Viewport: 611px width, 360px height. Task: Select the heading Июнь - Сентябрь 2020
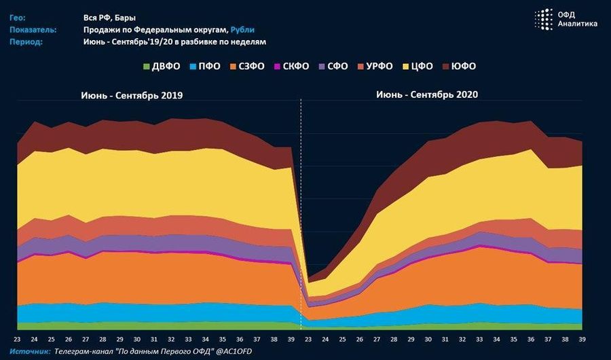pyautogui.click(x=427, y=95)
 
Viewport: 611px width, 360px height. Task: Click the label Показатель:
pyautogui.click(x=33, y=30)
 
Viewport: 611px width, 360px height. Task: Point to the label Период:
pyautogui.click(x=26, y=41)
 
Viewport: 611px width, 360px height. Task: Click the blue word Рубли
pyautogui.click(x=242, y=30)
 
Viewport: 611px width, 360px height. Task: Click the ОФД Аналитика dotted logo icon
pyautogui.click(x=544, y=20)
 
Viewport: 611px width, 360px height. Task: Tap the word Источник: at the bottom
pyautogui.click(x=31, y=351)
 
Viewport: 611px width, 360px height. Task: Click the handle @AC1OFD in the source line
pyautogui.click(x=236, y=351)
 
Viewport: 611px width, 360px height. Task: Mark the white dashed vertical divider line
pyautogui.click(x=300, y=204)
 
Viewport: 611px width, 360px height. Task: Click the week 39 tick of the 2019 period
pyautogui.click(x=292, y=339)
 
